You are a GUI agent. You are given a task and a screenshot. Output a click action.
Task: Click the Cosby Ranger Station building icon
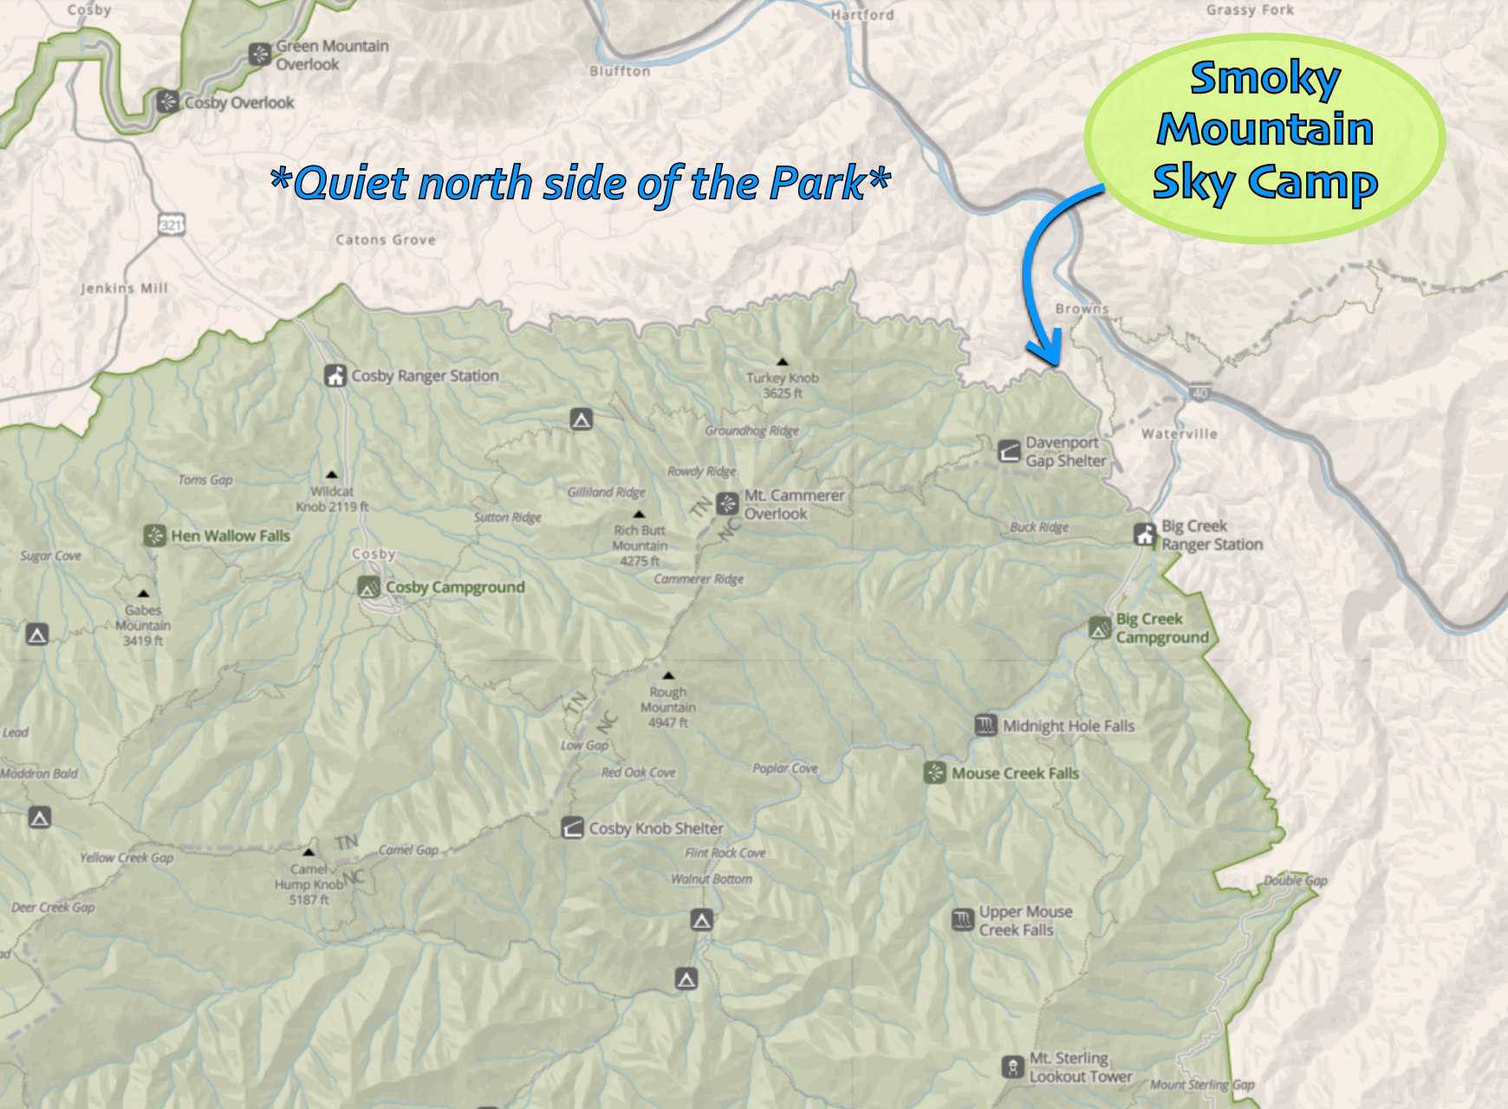pyautogui.click(x=335, y=376)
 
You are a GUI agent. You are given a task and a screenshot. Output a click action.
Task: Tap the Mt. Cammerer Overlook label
pyautogui.click(x=793, y=504)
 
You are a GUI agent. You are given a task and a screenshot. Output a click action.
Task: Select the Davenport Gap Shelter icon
pyautogui.click(x=1009, y=451)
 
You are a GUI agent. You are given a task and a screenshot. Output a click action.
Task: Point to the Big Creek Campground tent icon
pyautogui.click(x=1100, y=628)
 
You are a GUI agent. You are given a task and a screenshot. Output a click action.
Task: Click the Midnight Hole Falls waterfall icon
pyautogui.click(x=985, y=726)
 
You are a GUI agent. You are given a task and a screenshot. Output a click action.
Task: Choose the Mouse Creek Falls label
pyautogui.click(x=1015, y=774)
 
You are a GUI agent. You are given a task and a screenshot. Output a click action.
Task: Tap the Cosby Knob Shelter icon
pyautogui.click(x=572, y=828)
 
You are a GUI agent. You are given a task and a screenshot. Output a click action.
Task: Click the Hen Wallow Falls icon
pyautogui.click(x=154, y=535)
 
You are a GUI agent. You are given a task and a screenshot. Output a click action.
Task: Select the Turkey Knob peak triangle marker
pyautogui.click(x=783, y=361)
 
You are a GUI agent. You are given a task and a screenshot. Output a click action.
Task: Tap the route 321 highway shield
pyautogui.click(x=171, y=225)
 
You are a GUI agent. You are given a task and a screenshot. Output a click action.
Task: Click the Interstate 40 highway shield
pyautogui.click(x=1199, y=394)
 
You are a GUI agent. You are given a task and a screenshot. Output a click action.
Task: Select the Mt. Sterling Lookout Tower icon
pyautogui.click(x=1012, y=1067)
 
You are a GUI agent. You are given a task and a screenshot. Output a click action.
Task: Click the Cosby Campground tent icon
pyautogui.click(x=368, y=587)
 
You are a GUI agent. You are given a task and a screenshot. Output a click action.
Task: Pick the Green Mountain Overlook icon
pyautogui.click(x=259, y=55)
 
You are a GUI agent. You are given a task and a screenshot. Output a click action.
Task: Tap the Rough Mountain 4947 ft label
pyautogui.click(x=667, y=707)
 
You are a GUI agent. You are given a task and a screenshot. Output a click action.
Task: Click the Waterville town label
pyautogui.click(x=1179, y=434)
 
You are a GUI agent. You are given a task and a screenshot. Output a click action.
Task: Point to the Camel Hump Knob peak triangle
pyautogui.click(x=308, y=853)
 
